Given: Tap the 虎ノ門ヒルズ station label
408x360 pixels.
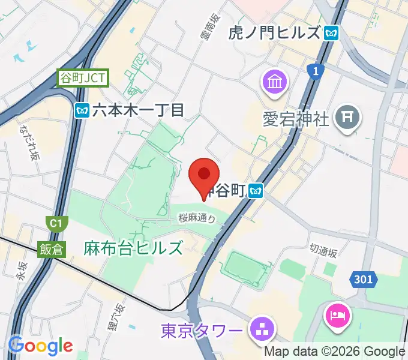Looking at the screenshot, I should [x=274, y=33].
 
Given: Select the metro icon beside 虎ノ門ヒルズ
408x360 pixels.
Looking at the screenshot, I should [x=331, y=33].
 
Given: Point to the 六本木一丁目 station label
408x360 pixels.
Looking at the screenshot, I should [x=137, y=110].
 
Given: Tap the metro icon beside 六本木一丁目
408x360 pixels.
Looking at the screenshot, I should [x=82, y=110].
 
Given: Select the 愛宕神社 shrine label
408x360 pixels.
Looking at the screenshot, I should [x=296, y=119].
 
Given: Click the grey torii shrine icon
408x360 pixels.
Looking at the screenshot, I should [x=347, y=115].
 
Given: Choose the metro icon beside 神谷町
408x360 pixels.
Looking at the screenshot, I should [x=257, y=191].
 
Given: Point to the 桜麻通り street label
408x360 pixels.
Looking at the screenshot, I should [x=197, y=220].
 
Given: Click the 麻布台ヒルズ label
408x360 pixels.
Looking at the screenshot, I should [x=133, y=247].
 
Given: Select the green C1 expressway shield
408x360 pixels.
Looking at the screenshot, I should [x=56, y=224].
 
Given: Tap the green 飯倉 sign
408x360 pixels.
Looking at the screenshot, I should [x=52, y=250].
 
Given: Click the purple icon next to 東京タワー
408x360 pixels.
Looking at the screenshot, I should [x=262, y=328].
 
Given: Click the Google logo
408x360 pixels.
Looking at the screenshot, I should [x=40, y=345].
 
